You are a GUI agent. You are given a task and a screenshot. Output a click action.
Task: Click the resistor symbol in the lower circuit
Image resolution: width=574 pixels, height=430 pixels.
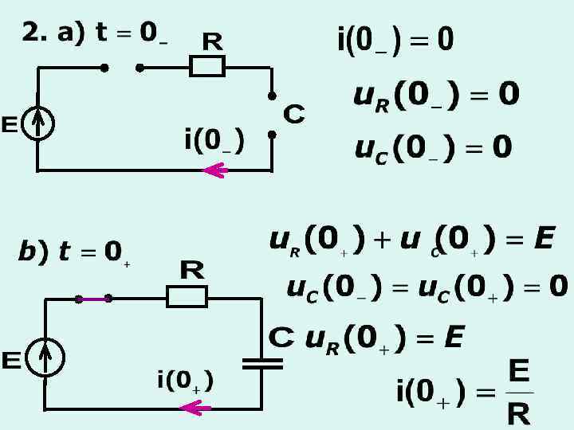[187, 297]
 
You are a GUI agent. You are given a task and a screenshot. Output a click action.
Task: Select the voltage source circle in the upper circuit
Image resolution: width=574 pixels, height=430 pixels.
[37, 125]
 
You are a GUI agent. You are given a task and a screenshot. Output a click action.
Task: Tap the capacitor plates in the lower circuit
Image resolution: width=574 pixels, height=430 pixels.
[262, 363]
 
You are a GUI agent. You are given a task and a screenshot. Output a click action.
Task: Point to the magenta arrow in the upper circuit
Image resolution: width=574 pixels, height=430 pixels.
[216, 170]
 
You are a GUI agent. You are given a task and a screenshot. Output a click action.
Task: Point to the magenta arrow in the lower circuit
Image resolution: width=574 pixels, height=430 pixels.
[196, 408]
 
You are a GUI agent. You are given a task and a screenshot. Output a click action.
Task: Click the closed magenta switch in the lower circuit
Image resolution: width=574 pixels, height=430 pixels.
[93, 299]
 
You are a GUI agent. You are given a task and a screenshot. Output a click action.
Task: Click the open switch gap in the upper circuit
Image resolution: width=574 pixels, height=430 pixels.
[122, 68]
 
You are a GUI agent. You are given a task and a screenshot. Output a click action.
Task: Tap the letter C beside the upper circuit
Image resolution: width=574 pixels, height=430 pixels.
[293, 115]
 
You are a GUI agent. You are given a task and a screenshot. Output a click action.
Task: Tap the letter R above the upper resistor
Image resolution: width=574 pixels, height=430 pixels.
[212, 40]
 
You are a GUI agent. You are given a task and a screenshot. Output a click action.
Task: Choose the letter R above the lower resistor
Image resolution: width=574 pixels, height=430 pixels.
[191, 271]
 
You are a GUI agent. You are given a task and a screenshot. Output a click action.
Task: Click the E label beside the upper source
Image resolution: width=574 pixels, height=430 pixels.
[10, 125]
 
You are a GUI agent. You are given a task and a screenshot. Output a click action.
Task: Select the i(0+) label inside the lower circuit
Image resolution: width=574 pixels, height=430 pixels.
[185, 381]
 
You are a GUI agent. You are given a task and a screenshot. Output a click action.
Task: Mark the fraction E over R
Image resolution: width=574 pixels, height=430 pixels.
[519, 393]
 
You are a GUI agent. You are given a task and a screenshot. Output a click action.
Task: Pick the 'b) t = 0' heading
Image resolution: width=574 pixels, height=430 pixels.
[72, 252]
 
